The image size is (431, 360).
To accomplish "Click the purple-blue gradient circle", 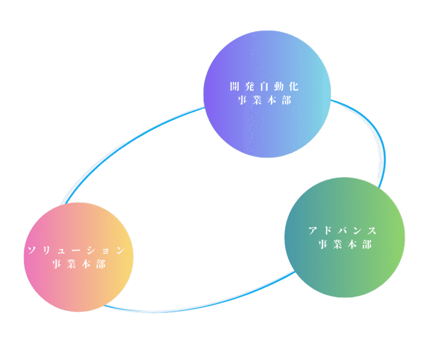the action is [x=267, y=94].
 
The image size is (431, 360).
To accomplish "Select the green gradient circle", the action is [x=345, y=237].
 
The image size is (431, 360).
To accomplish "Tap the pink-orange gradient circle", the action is [x=79, y=257].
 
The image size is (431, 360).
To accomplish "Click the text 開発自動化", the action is [x=264, y=86].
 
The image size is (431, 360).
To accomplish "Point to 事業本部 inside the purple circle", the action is [x=264, y=100].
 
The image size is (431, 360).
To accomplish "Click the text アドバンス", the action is [x=343, y=230].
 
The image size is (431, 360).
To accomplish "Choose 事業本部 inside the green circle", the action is [x=345, y=244].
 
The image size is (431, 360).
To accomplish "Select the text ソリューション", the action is [x=77, y=250].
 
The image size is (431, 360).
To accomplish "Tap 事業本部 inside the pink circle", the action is [x=79, y=264].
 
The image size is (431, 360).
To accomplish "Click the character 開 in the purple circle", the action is [x=235, y=86].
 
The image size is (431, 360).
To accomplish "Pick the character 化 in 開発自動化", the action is [x=294, y=86].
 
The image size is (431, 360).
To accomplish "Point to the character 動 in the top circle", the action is [x=279, y=86].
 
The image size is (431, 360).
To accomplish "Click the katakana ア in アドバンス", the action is [x=313, y=230].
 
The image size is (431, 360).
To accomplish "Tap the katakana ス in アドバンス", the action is [x=372, y=230].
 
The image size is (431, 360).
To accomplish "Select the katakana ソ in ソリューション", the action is [x=32, y=250].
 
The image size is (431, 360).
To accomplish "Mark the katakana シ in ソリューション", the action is [x=91, y=250].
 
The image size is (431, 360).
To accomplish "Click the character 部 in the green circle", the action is [x=367, y=244].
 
